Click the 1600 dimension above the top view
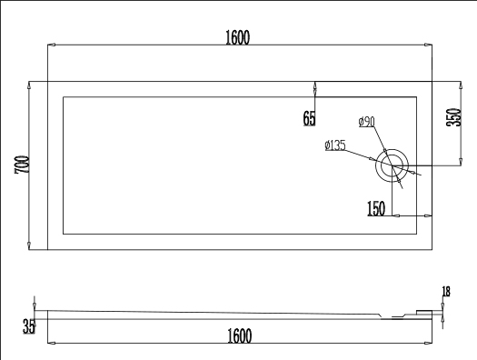click(x=237, y=37)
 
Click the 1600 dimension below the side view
click(x=240, y=335)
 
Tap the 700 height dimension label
click(x=22, y=165)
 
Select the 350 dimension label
click(x=453, y=117)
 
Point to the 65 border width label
click(x=310, y=118)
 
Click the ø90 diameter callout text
click(x=366, y=122)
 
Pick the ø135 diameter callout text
click(x=335, y=145)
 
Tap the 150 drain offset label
click(x=376, y=208)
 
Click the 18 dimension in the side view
click(x=446, y=292)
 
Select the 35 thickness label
click(x=28, y=326)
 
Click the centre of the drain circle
click(x=392, y=165)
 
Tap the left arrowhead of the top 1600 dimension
click(x=52, y=45)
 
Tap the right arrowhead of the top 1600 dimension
click(x=428, y=45)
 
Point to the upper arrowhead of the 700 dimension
click(x=29, y=85)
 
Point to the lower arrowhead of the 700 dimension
click(x=29, y=245)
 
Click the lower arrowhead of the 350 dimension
click(x=461, y=162)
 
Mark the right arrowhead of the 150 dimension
click(x=428, y=215)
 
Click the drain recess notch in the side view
click(x=392, y=316)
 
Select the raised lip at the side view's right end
click(x=424, y=313)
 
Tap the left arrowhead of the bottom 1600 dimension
click(x=52, y=343)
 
